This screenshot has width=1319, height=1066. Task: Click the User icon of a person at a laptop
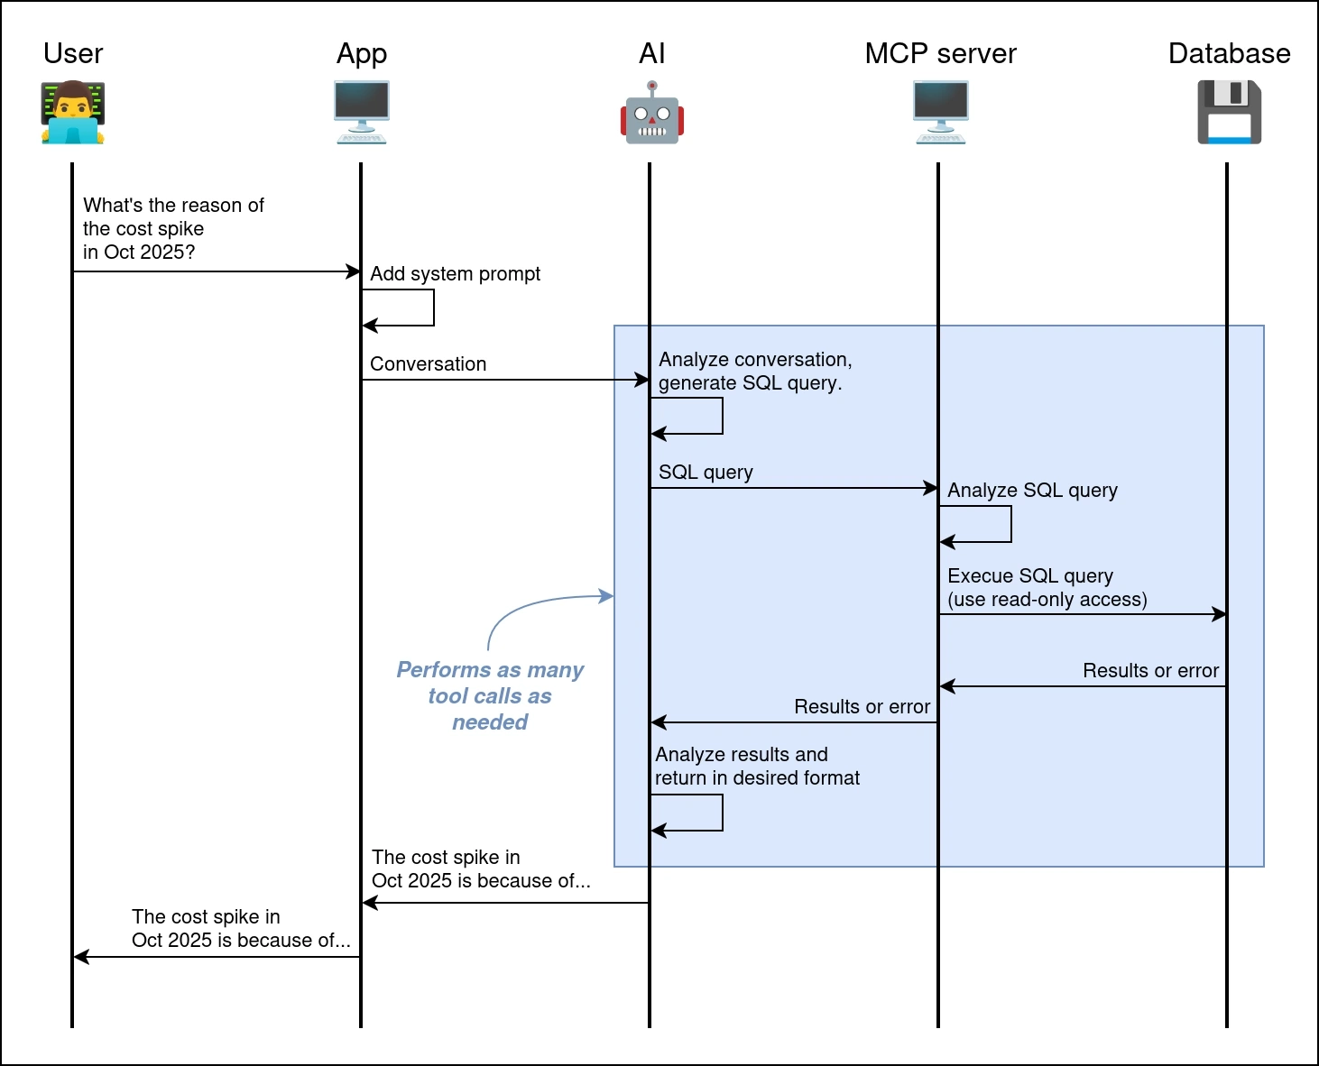(73, 113)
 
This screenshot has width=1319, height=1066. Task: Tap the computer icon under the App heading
(361, 113)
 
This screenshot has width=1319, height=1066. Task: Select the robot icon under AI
(651, 113)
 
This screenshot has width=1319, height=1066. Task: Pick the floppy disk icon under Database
(1229, 113)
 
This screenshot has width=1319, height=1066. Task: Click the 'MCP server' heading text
(940, 54)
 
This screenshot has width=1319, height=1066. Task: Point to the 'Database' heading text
(1229, 54)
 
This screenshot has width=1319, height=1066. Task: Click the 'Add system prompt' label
(455, 274)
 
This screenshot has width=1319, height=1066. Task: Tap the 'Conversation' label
(428, 364)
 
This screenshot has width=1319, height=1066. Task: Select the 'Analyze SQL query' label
(1032, 491)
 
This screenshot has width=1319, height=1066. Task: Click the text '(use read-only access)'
(1047, 600)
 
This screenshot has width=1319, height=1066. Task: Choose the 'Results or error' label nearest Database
(1150, 671)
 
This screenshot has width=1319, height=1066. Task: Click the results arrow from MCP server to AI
(794, 722)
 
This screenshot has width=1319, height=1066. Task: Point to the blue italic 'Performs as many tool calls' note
(490, 695)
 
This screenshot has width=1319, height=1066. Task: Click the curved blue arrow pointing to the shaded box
(532, 604)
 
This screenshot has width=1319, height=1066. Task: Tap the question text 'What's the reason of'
(173, 206)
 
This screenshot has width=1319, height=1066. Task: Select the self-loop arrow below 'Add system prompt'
(433, 308)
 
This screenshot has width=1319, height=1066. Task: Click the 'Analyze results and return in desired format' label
(757, 767)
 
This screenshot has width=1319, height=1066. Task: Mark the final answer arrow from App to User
(217, 957)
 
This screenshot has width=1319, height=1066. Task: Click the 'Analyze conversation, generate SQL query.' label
(755, 372)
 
